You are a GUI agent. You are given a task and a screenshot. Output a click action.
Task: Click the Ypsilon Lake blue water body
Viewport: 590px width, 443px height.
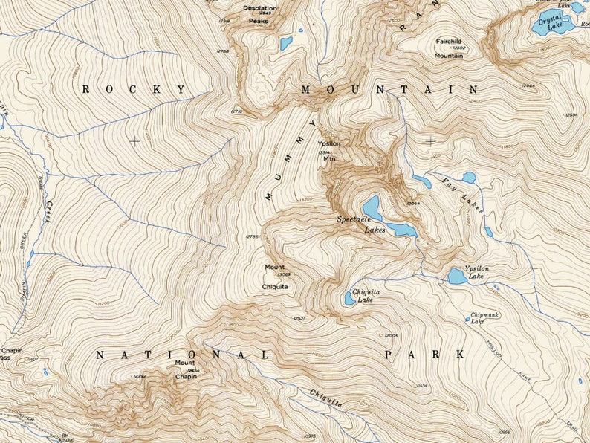click(x=457, y=277)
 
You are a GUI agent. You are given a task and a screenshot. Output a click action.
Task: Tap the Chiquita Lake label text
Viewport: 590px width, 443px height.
click(x=366, y=296)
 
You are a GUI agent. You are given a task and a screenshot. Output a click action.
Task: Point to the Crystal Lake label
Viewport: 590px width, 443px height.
click(x=550, y=20)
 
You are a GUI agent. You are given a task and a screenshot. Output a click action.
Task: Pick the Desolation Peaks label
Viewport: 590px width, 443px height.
click(x=259, y=14)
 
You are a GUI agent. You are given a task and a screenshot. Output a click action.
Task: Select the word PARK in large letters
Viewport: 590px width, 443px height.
click(x=424, y=355)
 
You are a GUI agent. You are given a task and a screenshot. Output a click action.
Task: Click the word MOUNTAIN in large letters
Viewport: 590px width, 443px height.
click(x=389, y=89)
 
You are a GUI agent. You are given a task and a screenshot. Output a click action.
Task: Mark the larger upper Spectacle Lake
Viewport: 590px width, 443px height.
click(x=372, y=207)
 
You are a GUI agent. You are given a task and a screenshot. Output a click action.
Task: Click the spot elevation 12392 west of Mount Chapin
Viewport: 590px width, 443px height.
click(x=140, y=376)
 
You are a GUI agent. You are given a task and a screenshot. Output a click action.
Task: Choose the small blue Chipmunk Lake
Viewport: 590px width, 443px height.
click(x=468, y=320)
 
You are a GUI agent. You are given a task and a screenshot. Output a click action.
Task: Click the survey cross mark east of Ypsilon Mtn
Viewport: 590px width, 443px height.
click(x=431, y=140)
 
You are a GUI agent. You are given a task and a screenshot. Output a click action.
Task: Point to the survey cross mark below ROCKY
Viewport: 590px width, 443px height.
click(x=134, y=140)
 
